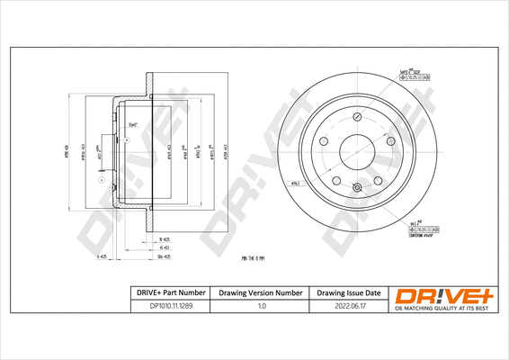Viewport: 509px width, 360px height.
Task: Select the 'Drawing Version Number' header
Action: click(x=261, y=293)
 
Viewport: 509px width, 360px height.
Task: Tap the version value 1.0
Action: click(x=261, y=306)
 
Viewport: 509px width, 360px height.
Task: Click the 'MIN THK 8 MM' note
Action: click(x=256, y=258)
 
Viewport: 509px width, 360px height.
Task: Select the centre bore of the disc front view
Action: click(x=356, y=153)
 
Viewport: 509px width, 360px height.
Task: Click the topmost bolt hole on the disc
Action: click(x=356, y=118)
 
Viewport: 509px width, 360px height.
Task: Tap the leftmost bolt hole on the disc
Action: click(x=322, y=142)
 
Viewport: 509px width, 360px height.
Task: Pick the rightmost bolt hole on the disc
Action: click(x=390, y=142)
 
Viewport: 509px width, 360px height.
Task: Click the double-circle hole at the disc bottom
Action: click(x=356, y=188)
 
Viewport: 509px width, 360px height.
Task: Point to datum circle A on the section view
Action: click(x=100, y=180)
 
